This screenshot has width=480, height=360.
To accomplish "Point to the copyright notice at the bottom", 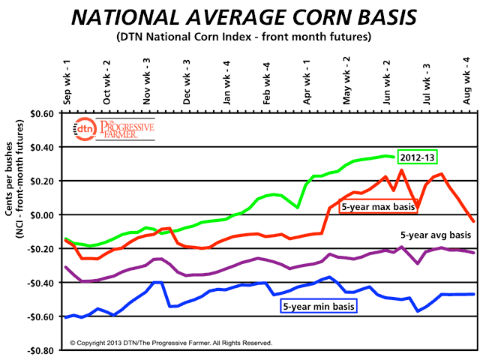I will pyautogui.click(x=171, y=343).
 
